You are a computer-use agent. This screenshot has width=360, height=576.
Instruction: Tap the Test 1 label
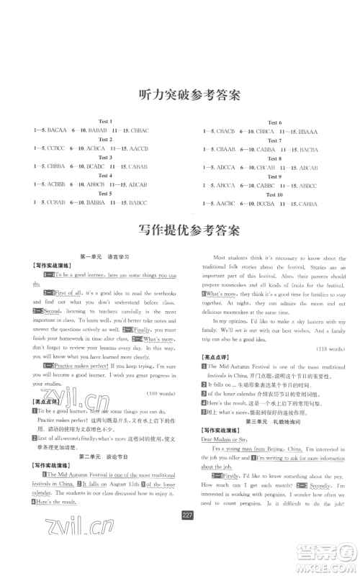point(105,120)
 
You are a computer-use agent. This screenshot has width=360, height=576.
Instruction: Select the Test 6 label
point(274,122)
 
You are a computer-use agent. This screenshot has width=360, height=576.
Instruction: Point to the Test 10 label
point(274,195)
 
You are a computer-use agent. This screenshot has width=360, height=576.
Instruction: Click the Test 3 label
point(105,157)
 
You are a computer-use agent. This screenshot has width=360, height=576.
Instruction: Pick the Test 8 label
point(274,159)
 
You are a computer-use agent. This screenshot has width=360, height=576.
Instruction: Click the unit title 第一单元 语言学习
point(104,256)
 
